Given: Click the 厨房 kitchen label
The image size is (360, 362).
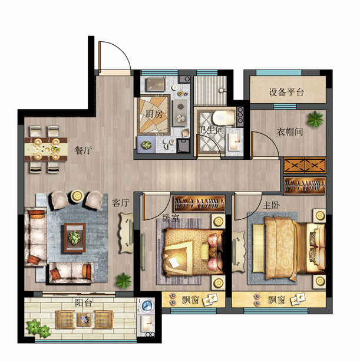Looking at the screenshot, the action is (154, 114).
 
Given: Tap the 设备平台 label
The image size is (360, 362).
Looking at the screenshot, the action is (286, 92).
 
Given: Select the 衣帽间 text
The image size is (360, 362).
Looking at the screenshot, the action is (290, 132).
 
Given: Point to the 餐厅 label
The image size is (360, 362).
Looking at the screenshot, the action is (83, 150).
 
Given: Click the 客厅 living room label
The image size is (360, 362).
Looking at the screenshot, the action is (120, 203).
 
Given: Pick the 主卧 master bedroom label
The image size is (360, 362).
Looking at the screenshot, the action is (271, 205).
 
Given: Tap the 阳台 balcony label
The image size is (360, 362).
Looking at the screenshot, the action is (84, 302).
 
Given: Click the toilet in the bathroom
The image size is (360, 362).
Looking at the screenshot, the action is (223, 118).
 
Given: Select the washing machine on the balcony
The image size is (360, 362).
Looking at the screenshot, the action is (146, 306).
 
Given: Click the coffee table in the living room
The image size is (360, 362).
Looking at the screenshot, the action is (75, 238).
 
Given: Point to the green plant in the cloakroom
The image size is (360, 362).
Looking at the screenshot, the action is (315, 119).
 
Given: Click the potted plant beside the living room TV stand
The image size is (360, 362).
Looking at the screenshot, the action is (124, 281).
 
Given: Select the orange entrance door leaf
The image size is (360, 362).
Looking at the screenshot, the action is (100, 57).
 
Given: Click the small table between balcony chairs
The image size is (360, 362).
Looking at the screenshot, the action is (84, 320).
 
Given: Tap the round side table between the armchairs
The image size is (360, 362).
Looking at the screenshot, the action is (77, 196).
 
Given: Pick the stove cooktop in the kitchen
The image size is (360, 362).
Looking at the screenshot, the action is (180, 113).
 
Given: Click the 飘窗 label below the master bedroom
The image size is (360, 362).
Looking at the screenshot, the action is (276, 300).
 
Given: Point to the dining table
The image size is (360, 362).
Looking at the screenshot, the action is (46, 149).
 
